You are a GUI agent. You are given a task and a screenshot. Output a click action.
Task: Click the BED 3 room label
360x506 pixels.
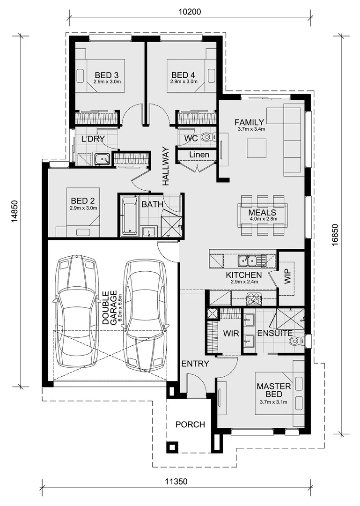coord(106,75)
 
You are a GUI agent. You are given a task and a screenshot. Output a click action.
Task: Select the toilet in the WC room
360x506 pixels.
coord(206,137)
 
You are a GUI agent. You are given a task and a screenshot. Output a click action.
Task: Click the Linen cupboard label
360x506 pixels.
coord(199,155)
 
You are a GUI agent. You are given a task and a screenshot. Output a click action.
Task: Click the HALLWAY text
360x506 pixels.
coord(165,166)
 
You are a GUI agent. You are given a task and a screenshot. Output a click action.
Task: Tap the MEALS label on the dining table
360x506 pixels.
coord(263,212)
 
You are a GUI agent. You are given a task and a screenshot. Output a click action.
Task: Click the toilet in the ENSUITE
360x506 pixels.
coord(294,340)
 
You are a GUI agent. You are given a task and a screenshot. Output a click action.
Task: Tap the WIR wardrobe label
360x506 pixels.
coord(231,334)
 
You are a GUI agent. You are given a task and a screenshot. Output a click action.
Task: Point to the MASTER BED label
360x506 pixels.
coord(274,390)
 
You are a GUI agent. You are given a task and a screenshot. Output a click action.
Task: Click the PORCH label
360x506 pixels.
coord(190,424)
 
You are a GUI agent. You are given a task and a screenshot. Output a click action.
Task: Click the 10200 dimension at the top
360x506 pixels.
coord(190,12)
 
